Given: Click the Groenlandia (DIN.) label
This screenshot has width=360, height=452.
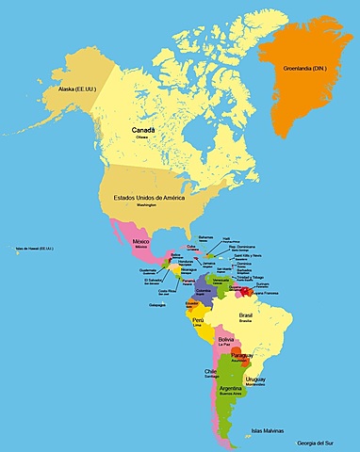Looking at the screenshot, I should coord(308,68).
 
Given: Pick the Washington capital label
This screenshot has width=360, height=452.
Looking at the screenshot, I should coord(146,205).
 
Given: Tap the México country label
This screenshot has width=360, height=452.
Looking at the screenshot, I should coord(141,241).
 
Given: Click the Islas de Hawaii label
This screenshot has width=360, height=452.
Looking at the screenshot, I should coord(37,250).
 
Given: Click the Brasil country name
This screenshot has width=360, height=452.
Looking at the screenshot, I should coord(247,315).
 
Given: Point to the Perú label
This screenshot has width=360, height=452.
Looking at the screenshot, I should coord(198,320).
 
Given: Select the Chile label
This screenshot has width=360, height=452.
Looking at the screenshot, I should coord(210,371).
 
